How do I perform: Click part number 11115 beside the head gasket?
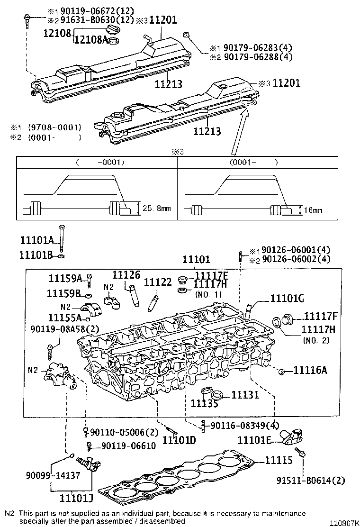point(277,460)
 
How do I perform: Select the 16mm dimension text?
point(314,209)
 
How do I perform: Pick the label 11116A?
point(310,370)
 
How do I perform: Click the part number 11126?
point(126,275)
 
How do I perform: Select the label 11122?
point(158,282)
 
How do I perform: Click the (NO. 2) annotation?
point(316,340)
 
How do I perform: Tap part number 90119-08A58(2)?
point(65,328)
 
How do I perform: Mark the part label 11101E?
point(254,441)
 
